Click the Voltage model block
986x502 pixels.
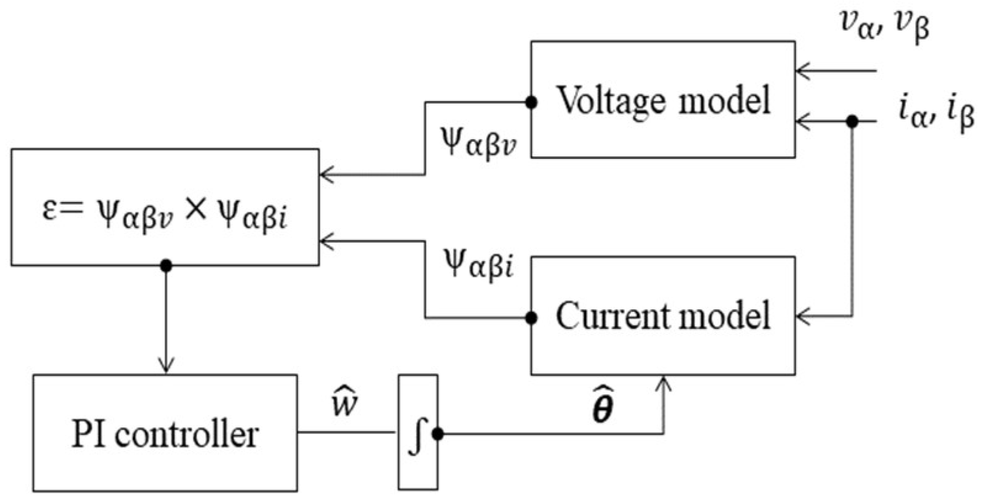(662, 100)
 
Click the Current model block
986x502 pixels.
(662, 315)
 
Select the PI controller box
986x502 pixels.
(165, 433)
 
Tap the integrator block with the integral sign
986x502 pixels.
(417, 433)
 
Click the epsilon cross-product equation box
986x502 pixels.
(165, 208)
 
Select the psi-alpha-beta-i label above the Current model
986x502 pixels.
(479, 266)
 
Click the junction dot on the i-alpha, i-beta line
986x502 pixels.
(852, 121)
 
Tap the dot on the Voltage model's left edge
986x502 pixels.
(531, 103)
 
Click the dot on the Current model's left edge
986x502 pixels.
(531, 318)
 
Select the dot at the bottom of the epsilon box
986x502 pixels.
(165, 265)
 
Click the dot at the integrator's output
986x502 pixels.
(438, 434)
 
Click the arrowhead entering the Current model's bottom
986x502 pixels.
(664, 383)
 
